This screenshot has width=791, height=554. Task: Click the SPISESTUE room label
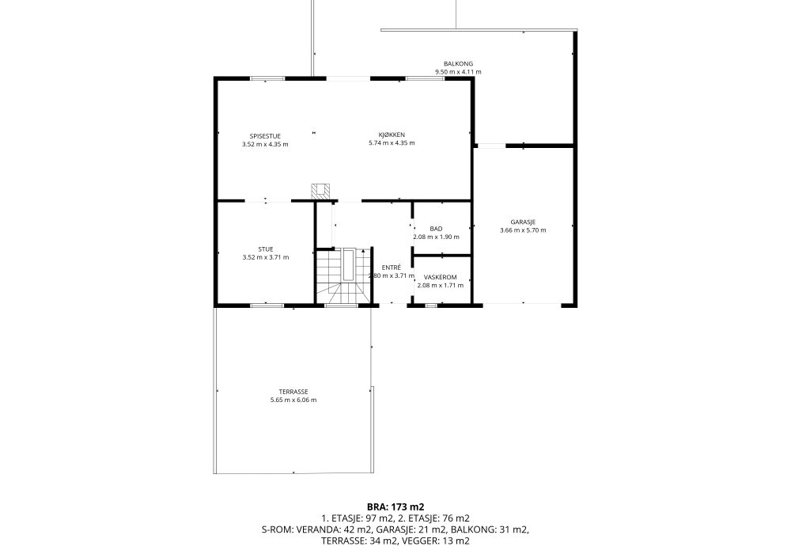[265, 136]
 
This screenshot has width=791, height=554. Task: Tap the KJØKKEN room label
[392, 135]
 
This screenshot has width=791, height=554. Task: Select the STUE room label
[266, 249]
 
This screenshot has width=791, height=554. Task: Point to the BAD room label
[436, 229]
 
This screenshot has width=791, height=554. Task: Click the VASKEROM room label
[440, 278]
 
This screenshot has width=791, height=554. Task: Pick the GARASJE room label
[523, 222]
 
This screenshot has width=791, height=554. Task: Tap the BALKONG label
[458, 64]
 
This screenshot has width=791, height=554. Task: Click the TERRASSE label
[293, 392]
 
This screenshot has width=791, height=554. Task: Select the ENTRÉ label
[392, 268]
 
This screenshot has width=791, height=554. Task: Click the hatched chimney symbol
[320, 192]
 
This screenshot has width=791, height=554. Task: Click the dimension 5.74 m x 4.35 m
[392, 142]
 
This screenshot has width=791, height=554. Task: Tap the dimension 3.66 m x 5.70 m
[523, 230]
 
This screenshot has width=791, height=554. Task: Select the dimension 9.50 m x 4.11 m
[458, 72]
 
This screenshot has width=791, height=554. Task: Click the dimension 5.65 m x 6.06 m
[293, 400]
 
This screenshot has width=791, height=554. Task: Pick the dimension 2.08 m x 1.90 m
[436, 237]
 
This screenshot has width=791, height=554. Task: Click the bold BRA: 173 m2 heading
[395, 507]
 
